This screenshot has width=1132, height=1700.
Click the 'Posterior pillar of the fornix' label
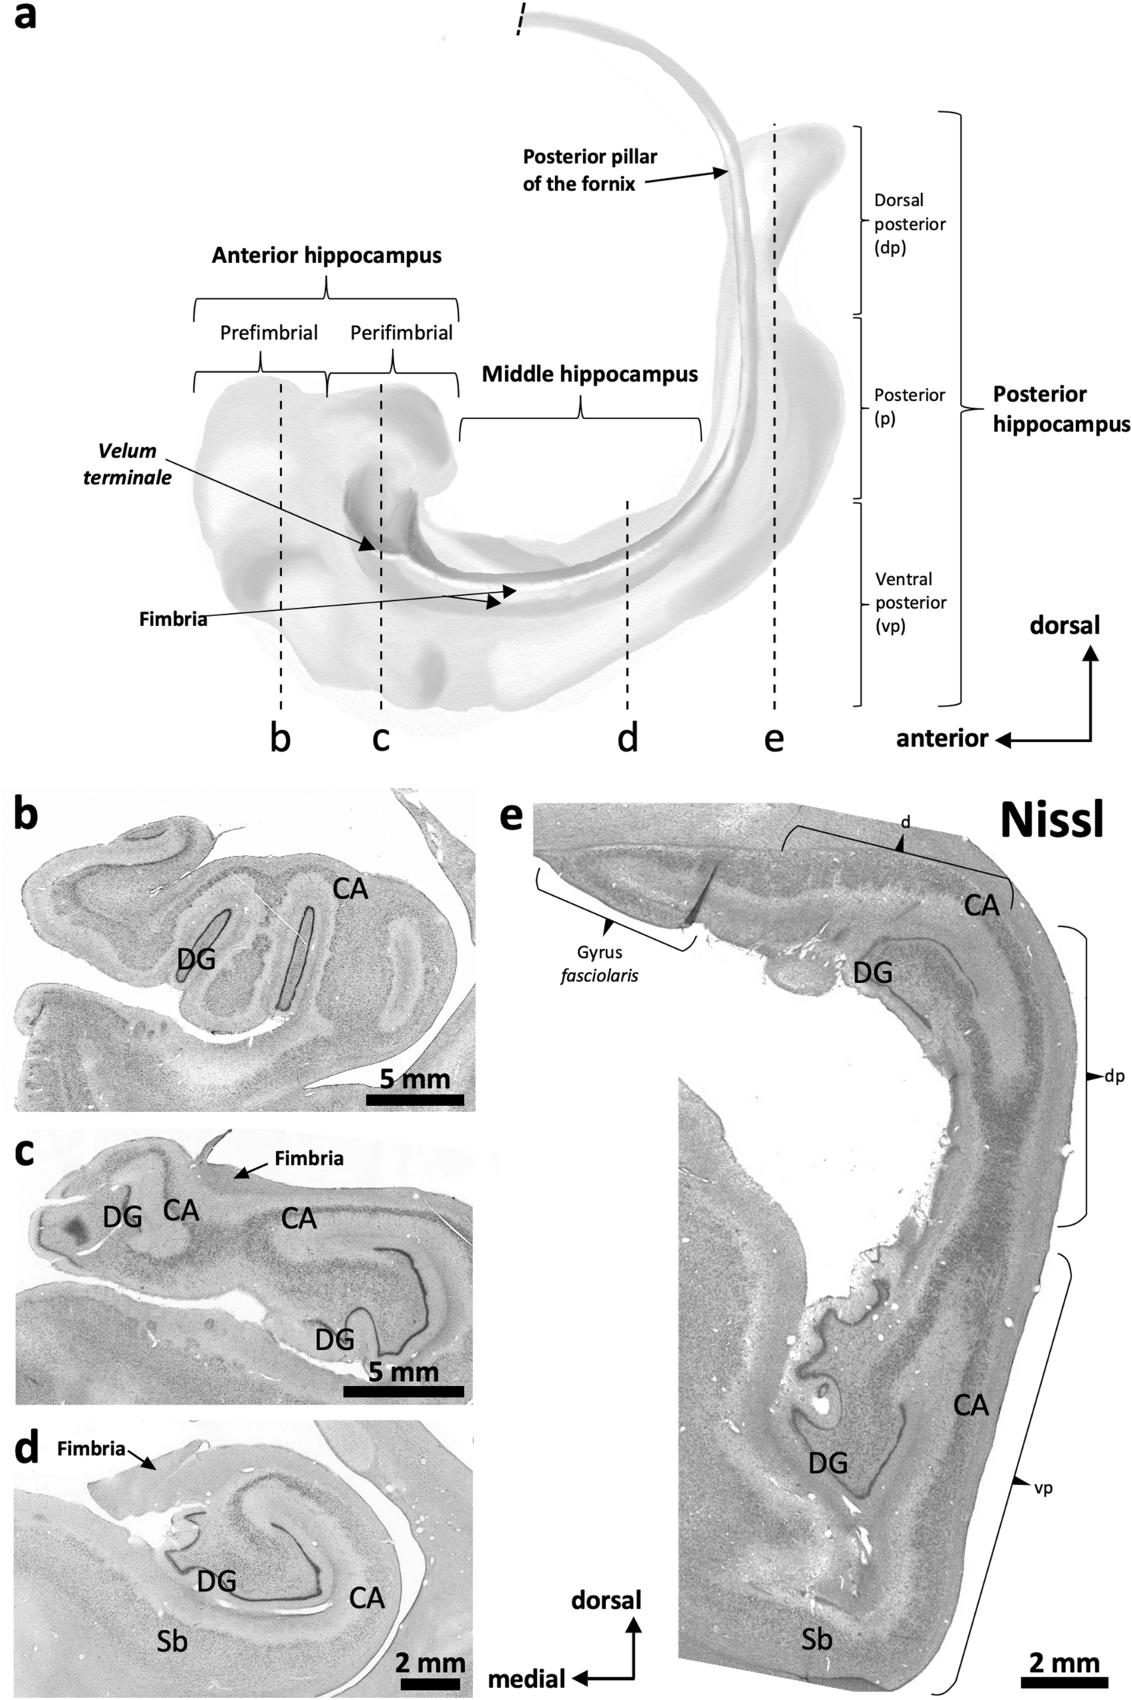[x=589, y=170]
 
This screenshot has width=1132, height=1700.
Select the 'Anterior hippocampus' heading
[x=326, y=255]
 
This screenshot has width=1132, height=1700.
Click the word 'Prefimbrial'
[x=268, y=333]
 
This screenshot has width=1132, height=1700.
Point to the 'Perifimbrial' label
[x=401, y=333]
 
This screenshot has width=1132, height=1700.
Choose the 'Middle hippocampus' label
[x=590, y=374]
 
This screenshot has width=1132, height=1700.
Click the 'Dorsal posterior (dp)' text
[x=909, y=224]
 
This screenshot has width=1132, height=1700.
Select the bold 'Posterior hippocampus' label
[x=1061, y=409]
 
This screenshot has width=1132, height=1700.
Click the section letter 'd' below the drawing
[x=628, y=737]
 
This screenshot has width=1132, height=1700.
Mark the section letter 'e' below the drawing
[x=773, y=737]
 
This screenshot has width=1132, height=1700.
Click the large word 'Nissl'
[x=1050, y=820]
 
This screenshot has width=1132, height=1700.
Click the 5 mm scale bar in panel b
[x=415, y=1100]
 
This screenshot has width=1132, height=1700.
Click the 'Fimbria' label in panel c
[x=309, y=1158]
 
